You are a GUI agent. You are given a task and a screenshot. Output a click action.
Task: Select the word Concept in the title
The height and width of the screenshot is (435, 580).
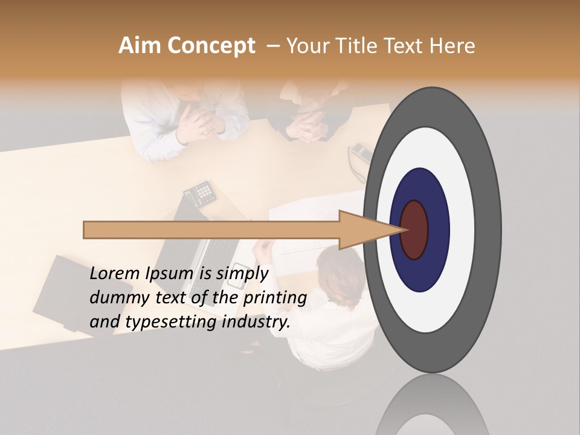click(211, 46)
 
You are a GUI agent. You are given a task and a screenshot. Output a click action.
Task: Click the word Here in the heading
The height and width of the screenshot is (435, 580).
click(453, 46)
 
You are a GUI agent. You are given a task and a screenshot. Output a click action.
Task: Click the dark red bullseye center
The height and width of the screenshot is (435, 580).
click(415, 230)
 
